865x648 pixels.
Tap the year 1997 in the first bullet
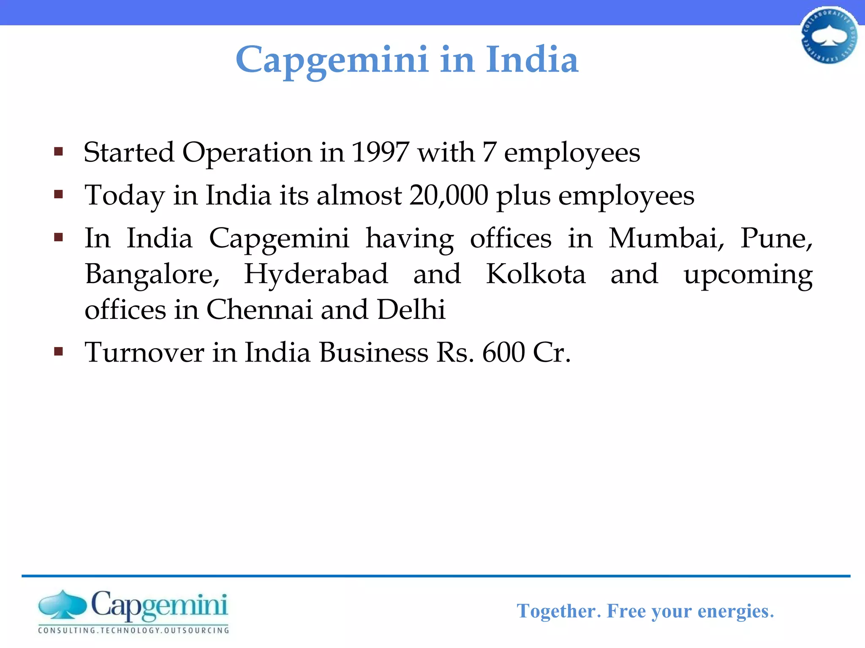380,152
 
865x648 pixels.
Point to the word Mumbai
666,238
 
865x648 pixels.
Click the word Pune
776,238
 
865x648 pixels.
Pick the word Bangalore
152,275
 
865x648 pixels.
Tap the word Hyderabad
316,274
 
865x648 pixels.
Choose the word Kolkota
536,274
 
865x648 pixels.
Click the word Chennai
259,310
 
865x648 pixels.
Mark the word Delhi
411,310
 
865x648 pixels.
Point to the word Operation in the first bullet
247,153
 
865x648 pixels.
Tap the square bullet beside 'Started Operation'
59,151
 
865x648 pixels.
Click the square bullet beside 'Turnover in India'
59,351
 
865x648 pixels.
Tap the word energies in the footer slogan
735,611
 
